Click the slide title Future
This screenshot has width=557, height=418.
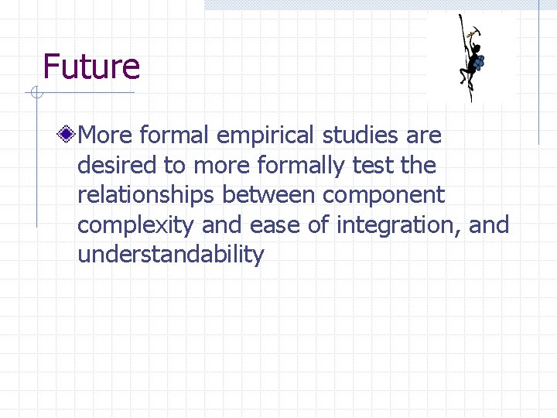tap(91, 67)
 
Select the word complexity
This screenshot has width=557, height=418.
tap(135, 225)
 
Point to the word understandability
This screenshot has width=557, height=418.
tap(171, 254)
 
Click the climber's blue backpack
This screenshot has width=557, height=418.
tap(479, 61)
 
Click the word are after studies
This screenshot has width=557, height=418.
tap(425, 136)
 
